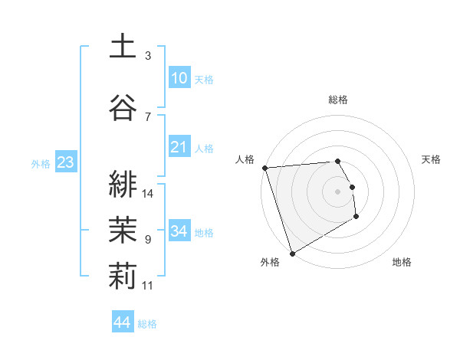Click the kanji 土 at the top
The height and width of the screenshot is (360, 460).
tap(123, 47)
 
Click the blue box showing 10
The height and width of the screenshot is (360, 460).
tap(179, 77)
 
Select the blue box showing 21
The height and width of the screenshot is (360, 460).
tap(179, 146)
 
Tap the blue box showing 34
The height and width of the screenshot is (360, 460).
tap(179, 231)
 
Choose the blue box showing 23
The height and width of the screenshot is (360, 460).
tap(65, 162)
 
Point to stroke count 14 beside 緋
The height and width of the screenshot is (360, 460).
tap(148, 194)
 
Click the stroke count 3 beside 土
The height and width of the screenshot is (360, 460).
tap(148, 56)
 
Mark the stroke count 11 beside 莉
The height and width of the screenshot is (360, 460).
tap(148, 286)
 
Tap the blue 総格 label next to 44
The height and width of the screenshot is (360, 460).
tap(147, 324)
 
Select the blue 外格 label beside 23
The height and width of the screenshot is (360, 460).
tap(41, 164)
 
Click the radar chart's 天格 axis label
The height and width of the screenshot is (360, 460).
tap(432, 159)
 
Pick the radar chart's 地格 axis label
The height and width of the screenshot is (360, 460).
tap(402, 262)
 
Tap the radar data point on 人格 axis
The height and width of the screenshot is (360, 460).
tap(264, 168)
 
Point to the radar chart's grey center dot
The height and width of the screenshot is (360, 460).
tap(337, 191)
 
